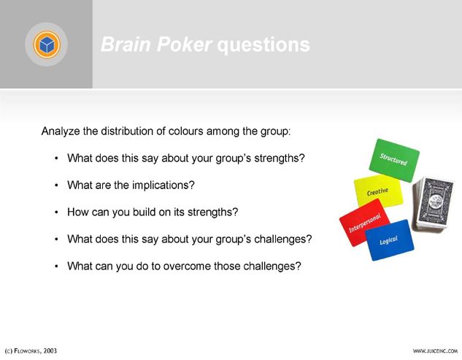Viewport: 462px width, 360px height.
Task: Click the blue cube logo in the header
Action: click(x=47, y=45)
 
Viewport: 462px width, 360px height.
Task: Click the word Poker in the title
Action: click(x=184, y=45)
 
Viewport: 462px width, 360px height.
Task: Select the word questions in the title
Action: click(x=263, y=45)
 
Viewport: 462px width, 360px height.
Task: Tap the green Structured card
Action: click(x=394, y=160)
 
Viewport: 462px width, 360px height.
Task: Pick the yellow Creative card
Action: click(x=378, y=190)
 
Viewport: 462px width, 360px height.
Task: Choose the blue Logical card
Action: click(x=390, y=240)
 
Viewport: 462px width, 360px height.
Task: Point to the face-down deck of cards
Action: click(x=433, y=203)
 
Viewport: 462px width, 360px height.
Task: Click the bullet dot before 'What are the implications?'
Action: click(x=56, y=185)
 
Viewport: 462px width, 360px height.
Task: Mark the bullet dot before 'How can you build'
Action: click(x=56, y=212)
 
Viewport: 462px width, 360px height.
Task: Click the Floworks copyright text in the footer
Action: click(x=31, y=351)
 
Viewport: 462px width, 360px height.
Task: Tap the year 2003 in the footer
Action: click(x=50, y=351)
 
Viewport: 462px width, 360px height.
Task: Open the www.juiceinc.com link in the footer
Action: click(x=435, y=351)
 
